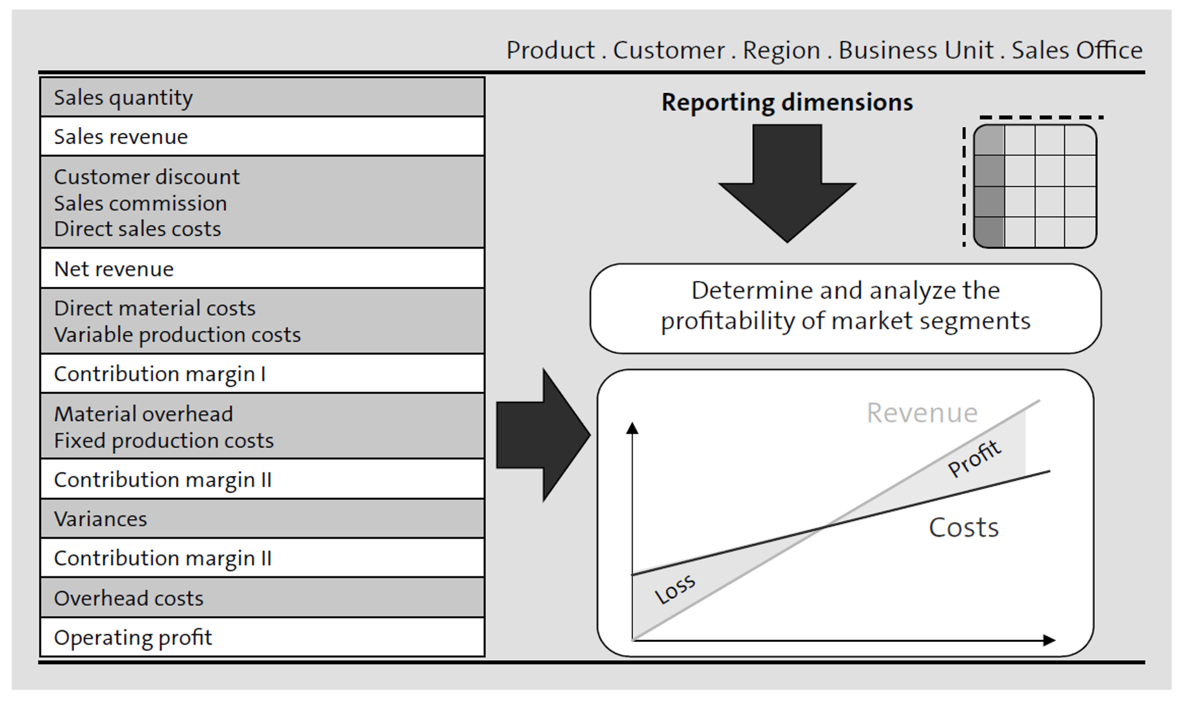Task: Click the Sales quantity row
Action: pos(262,97)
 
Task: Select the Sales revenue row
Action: pos(262,137)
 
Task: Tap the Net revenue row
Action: pos(262,269)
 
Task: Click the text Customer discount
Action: pos(147,177)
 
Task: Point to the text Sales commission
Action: pos(140,203)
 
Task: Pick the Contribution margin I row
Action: pos(262,374)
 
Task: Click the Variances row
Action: pos(262,519)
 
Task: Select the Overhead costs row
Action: pos(262,598)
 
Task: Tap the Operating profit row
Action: pos(262,637)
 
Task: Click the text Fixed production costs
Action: pos(164,441)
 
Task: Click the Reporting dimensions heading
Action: pos(786,103)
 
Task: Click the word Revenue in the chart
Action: pos(922,413)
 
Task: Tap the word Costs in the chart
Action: pos(963,527)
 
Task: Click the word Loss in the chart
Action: pos(675,589)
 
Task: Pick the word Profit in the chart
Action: pos(974,458)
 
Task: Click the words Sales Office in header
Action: pos(1076,50)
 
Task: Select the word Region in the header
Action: pos(781,50)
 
